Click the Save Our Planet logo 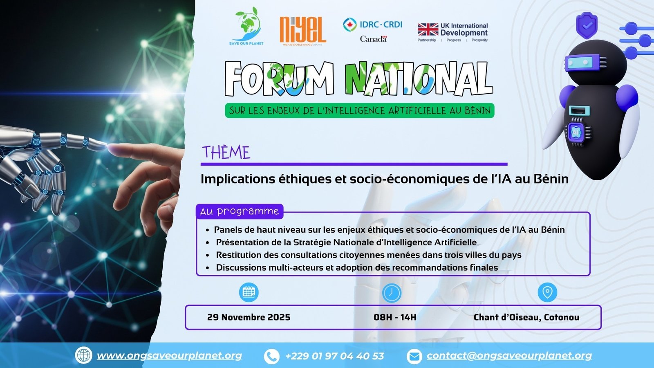point(246,25)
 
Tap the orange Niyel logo point(302,30)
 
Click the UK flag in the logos point(428,29)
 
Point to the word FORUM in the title point(279,79)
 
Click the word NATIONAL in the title point(418,79)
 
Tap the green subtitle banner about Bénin point(359,110)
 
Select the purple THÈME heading point(226,153)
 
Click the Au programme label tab point(240,211)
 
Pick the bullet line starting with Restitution point(368,255)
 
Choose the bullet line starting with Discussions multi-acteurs point(356,268)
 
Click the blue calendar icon point(249,292)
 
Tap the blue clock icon point(392,293)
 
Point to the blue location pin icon point(547,292)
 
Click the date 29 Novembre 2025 point(249,317)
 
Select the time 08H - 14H point(395,317)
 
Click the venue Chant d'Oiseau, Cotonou point(526,317)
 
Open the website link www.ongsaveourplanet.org point(169,356)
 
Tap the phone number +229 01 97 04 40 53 point(334,356)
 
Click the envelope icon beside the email point(414,356)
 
